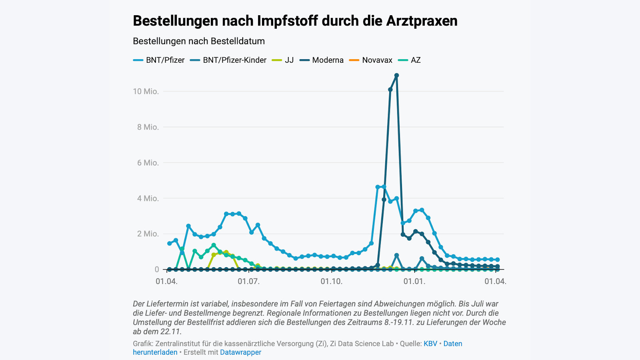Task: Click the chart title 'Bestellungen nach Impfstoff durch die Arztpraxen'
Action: [x=295, y=21]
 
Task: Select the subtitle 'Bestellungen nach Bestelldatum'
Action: [x=199, y=41]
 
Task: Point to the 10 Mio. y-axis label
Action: [x=146, y=92]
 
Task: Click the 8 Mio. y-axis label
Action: [x=148, y=127]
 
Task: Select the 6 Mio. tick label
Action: [x=148, y=163]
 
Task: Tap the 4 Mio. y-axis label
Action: [x=148, y=198]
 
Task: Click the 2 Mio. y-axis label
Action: [x=148, y=234]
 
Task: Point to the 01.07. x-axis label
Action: [x=248, y=282]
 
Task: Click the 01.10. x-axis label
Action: [x=331, y=282]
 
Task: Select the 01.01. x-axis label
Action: [x=414, y=282]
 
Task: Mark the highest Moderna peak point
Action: [x=396, y=75]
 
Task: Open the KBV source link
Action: [x=430, y=344]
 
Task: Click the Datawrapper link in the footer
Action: [x=240, y=352]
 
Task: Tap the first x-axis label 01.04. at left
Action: [x=166, y=282]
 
